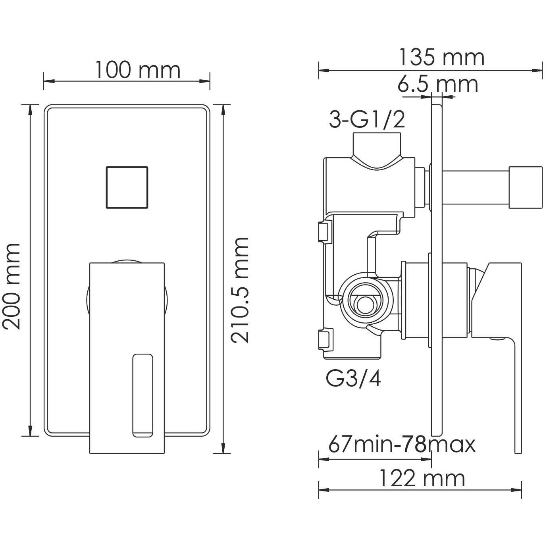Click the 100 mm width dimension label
137,70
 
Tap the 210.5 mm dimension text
240,290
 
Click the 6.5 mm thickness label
438,84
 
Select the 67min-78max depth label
402,445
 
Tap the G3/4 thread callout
353,379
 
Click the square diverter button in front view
127,187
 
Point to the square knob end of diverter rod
524,187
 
